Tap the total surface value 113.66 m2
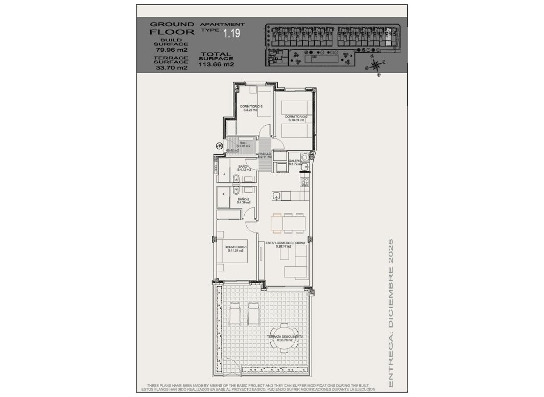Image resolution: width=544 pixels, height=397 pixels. [x=217, y=65]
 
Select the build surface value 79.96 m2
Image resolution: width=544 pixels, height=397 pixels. [x=171, y=50]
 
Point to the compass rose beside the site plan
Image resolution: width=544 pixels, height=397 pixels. [x=376, y=64]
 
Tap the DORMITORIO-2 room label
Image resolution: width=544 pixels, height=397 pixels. [x=296, y=119]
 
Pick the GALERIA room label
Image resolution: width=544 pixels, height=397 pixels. [x=295, y=162]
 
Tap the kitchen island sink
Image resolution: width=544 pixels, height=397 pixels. [x=276, y=194]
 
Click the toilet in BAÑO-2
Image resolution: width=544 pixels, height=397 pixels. [x=234, y=191]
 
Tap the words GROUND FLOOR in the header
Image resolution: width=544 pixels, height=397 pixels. [x=172, y=28]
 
